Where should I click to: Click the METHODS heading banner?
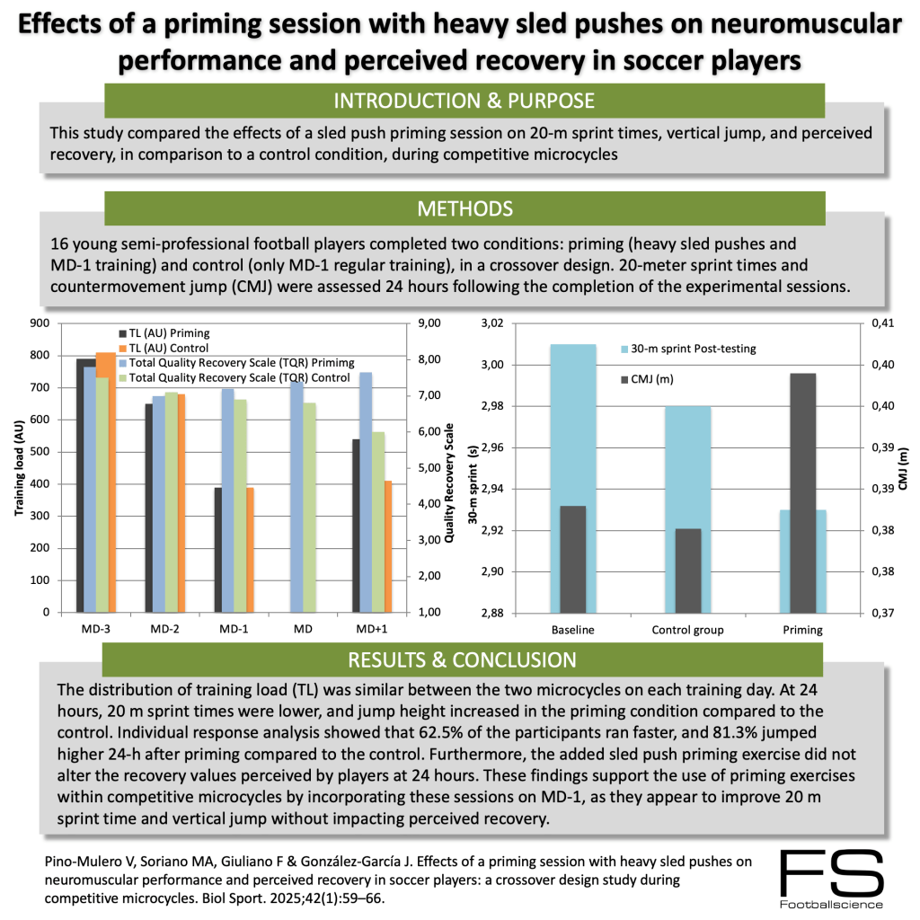pos(464,209)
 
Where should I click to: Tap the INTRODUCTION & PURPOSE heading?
pos(464,100)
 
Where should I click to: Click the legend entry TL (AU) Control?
pos(170,348)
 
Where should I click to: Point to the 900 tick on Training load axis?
pos(40,324)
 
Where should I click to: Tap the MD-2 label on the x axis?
pos(164,629)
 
